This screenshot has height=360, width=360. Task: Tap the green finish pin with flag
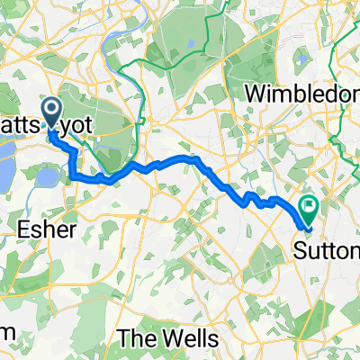[x=309, y=210]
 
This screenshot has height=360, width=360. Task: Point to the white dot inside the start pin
[x=51, y=111]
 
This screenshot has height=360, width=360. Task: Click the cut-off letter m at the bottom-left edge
[x=5, y=333]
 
